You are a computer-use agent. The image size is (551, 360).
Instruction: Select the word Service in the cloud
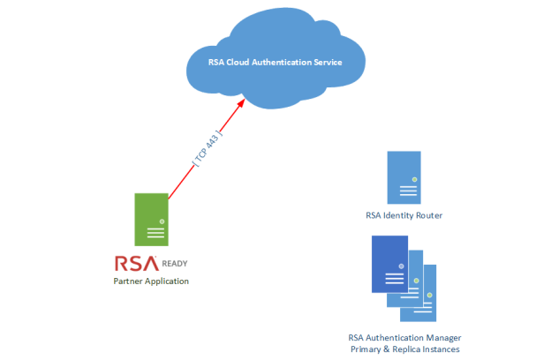(x=326, y=64)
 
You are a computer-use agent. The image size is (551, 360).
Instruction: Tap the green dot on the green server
(x=162, y=221)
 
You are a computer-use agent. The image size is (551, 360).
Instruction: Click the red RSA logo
(x=136, y=263)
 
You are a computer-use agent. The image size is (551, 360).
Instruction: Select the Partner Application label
(x=151, y=281)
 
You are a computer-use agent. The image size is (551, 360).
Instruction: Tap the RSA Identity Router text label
(x=404, y=214)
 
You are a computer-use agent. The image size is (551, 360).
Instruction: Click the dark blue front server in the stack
(x=389, y=264)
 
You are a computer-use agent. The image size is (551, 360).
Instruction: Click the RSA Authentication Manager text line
(x=404, y=337)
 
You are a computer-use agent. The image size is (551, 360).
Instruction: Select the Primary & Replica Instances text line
(x=404, y=349)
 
